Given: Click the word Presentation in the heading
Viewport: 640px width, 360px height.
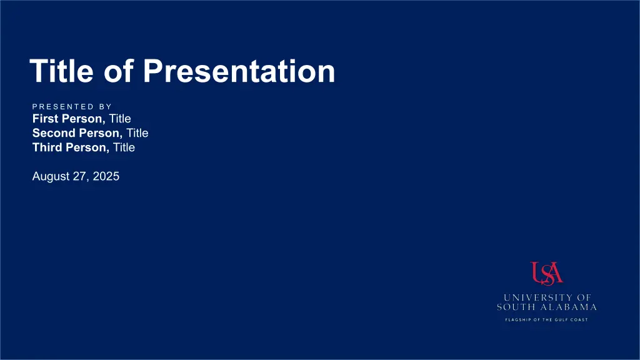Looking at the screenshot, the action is click(239, 72).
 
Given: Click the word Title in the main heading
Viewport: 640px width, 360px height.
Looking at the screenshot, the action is click(62, 71).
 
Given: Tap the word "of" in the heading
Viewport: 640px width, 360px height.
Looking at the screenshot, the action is click(118, 71).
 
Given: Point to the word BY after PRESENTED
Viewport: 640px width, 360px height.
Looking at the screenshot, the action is click(105, 106).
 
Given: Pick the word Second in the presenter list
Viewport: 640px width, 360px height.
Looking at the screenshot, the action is click(54, 133).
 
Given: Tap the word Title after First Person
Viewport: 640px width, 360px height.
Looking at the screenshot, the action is click(120, 119).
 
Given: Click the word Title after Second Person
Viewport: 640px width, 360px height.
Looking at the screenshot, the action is click(137, 133).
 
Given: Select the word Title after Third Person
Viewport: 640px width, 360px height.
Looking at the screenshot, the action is click(124, 147).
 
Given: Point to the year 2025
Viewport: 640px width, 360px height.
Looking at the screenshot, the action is click(106, 176).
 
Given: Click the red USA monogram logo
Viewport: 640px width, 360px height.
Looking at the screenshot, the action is click(546, 274).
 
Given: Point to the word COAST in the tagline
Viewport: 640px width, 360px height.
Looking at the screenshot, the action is click(579, 319).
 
